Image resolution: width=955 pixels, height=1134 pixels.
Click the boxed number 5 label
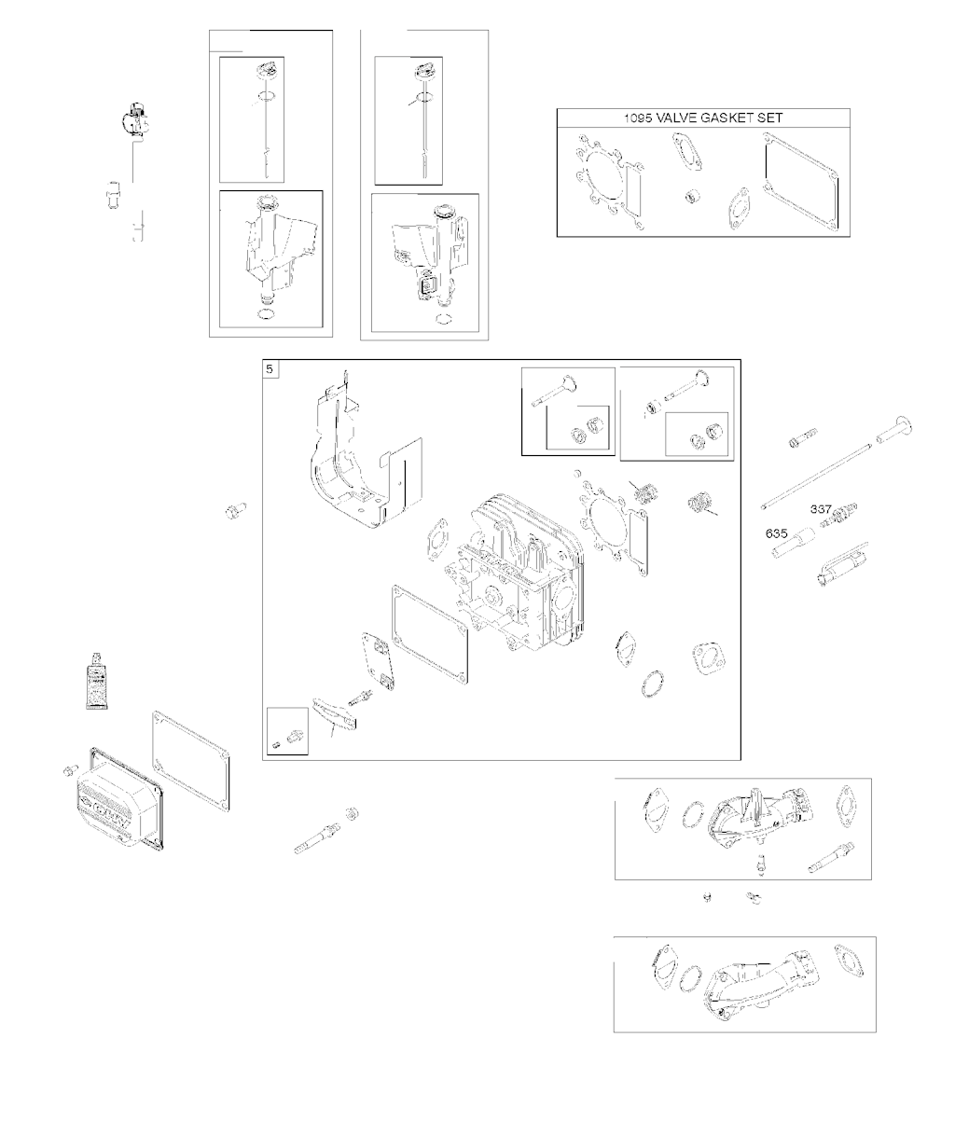pyautogui.click(x=270, y=370)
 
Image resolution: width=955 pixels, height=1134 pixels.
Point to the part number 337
pyautogui.click(x=821, y=509)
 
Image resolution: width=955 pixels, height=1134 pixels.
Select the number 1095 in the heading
pyautogui.click(x=641, y=118)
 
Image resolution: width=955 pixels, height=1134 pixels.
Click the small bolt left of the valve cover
pyautogui.click(x=69, y=769)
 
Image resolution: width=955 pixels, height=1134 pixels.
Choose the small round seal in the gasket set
pyautogui.click(x=693, y=197)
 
